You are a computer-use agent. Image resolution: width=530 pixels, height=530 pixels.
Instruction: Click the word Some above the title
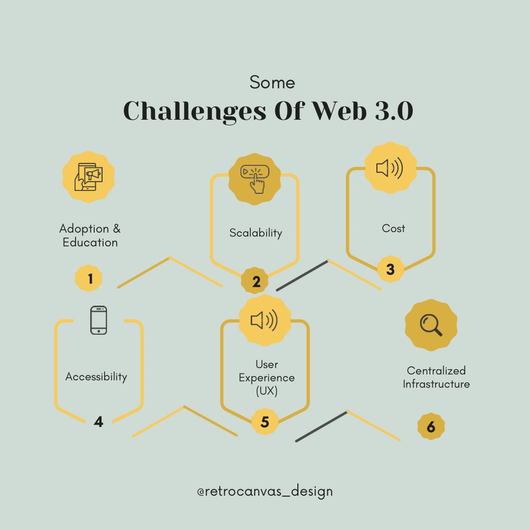coord(272,82)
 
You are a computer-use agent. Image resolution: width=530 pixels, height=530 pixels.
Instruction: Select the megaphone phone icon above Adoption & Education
coord(88,176)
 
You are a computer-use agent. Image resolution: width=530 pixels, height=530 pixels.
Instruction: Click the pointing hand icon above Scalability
coord(255,178)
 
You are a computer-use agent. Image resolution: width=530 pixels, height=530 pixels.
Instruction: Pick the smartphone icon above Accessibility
coord(99,320)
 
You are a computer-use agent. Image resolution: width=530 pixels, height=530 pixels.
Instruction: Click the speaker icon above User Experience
coord(265,321)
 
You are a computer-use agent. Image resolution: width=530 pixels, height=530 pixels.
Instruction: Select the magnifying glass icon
coord(431,324)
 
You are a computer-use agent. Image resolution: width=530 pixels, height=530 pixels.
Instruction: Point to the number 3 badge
coord(390,269)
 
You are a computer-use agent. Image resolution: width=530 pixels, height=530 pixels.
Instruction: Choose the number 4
coord(99,422)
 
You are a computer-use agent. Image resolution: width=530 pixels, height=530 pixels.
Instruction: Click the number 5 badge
coord(265,422)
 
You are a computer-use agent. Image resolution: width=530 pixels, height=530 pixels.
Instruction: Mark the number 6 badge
coord(431,426)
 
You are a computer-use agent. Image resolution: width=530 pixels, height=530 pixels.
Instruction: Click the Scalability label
coord(256,233)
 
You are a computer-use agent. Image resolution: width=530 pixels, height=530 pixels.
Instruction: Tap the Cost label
coord(394,228)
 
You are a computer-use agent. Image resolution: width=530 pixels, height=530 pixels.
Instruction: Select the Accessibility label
coord(96,377)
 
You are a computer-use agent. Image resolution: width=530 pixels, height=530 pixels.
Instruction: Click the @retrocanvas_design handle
coord(265,491)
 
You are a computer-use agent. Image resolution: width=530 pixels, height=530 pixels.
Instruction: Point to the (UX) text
coord(267,392)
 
